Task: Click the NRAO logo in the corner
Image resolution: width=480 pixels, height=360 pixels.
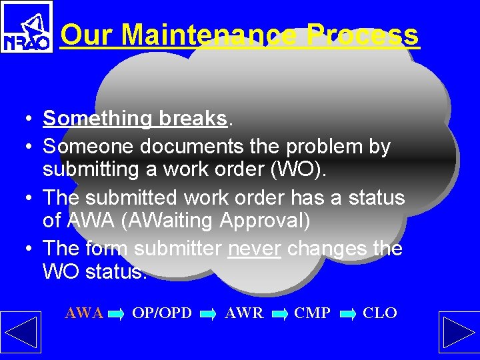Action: (27, 27)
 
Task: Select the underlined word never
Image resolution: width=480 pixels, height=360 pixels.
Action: (254, 249)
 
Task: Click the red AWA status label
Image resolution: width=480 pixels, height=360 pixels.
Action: (84, 313)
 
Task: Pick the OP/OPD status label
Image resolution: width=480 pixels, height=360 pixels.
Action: (162, 313)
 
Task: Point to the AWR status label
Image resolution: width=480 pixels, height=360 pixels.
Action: (244, 313)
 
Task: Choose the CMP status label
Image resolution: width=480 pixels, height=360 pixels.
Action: (312, 313)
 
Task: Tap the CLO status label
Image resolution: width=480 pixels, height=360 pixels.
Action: (380, 313)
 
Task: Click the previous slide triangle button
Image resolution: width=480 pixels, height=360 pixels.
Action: (21, 331)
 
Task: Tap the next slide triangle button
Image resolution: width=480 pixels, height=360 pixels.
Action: (459, 331)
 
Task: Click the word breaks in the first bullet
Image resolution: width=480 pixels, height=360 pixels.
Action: (193, 119)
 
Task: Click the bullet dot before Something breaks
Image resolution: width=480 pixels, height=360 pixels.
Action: (23, 119)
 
